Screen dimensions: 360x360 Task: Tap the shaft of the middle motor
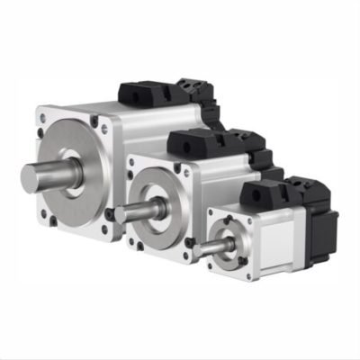pyautogui.click(x=135, y=212)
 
